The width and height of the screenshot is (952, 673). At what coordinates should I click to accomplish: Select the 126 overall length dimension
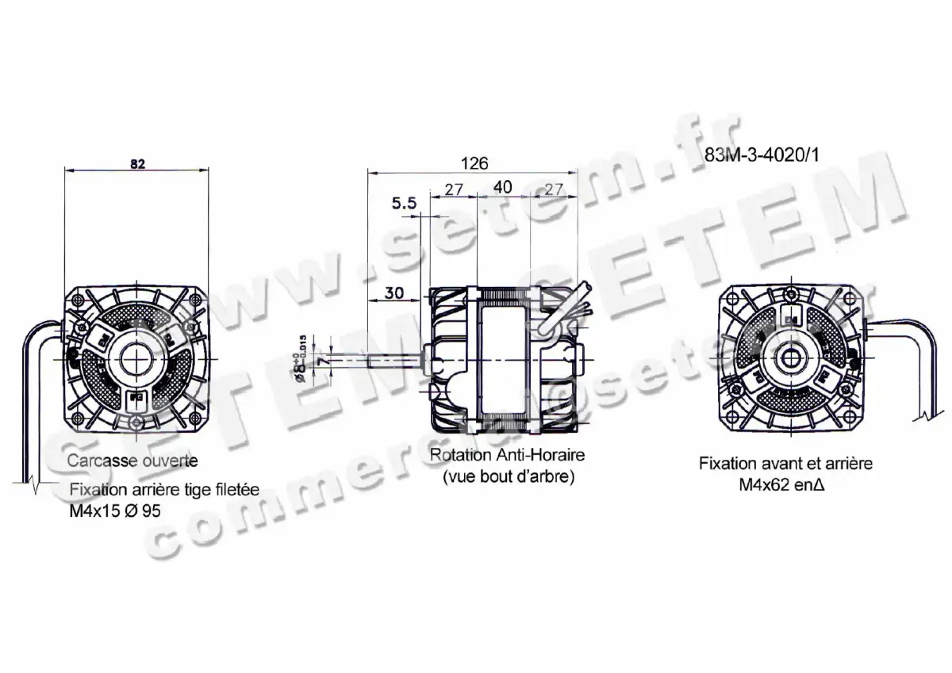(x=474, y=163)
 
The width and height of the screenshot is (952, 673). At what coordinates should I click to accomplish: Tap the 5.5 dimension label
(x=404, y=204)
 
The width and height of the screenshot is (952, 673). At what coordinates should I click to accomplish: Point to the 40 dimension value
(x=503, y=189)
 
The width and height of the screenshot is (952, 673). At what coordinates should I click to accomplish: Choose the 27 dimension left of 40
(x=453, y=189)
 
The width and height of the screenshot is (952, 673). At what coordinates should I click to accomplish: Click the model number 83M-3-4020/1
(x=760, y=156)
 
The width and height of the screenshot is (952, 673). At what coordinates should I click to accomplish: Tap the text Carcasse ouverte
(x=132, y=460)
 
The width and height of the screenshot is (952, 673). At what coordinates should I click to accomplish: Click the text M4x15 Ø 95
(x=115, y=510)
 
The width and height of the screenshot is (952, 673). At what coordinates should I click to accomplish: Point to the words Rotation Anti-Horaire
(x=506, y=456)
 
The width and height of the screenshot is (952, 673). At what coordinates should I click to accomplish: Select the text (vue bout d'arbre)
(x=506, y=478)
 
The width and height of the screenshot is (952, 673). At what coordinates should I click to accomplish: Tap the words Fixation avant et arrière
(x=785, y=463)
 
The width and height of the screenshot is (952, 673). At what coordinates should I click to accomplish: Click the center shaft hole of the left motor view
(x=137, y=359)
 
